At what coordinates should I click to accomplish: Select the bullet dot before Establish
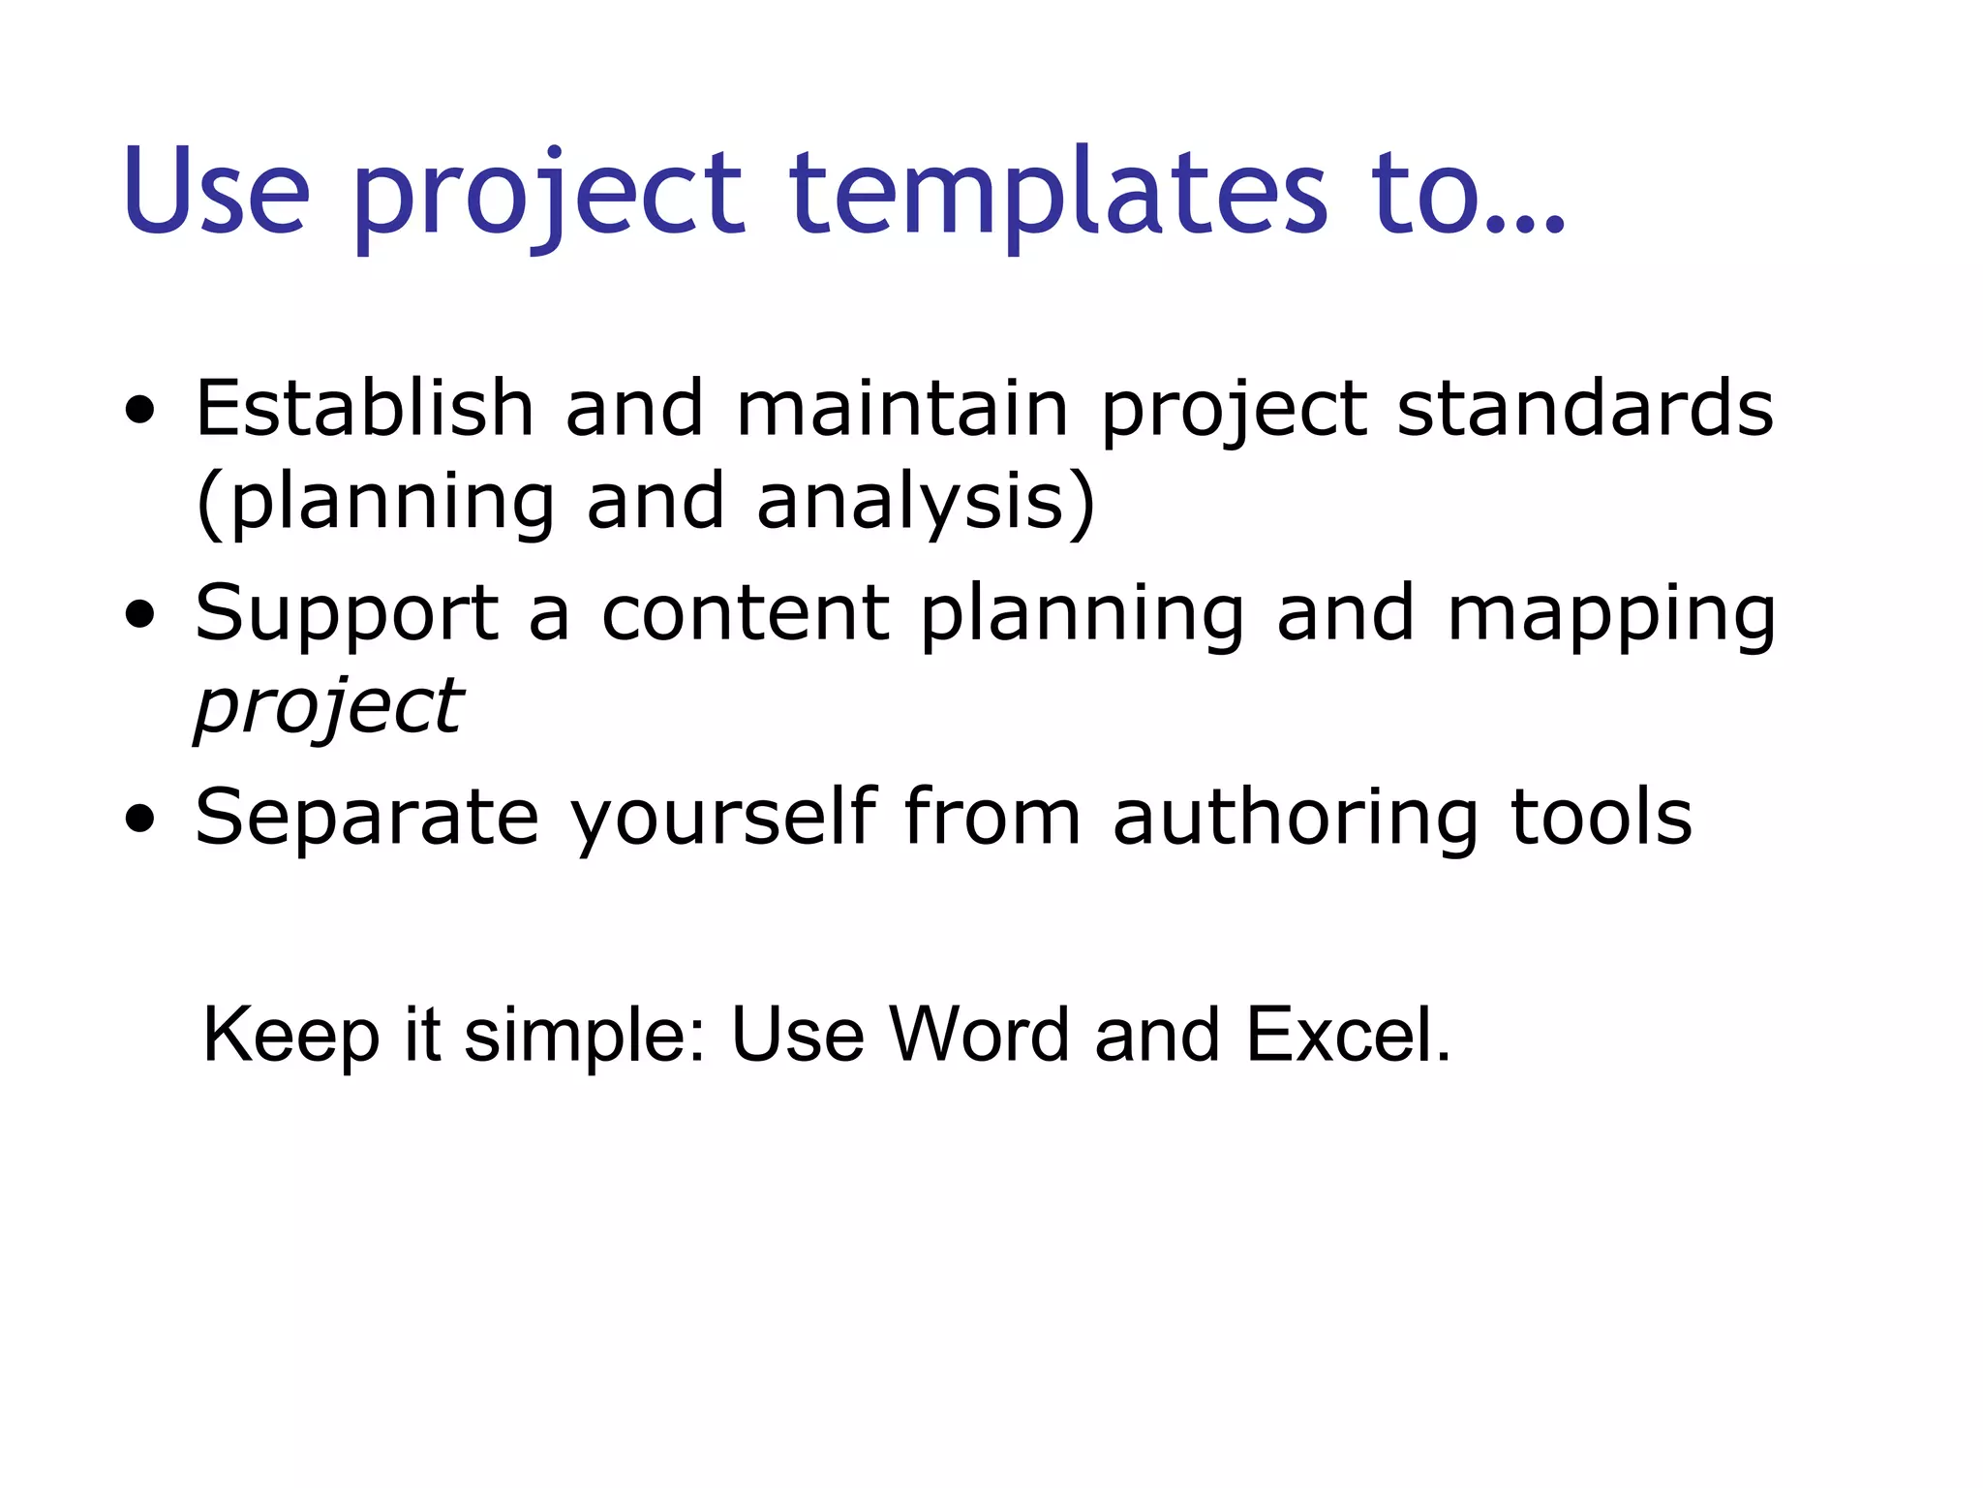coord(140,411)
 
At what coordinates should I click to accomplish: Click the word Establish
coord(364,408)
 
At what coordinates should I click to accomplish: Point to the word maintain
coord(902,408)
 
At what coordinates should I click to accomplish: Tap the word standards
coord(1585,408)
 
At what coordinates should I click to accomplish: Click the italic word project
coord(329,708)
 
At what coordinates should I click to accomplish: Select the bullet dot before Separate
coord(140,819)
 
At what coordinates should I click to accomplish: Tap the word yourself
coord(723,817)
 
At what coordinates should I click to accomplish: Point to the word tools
coord(1602,817)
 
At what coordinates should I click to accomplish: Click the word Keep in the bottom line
coord(291,1036)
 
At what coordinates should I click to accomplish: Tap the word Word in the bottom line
coord(979,1034)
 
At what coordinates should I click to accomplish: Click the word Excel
coord(1347,1034)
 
